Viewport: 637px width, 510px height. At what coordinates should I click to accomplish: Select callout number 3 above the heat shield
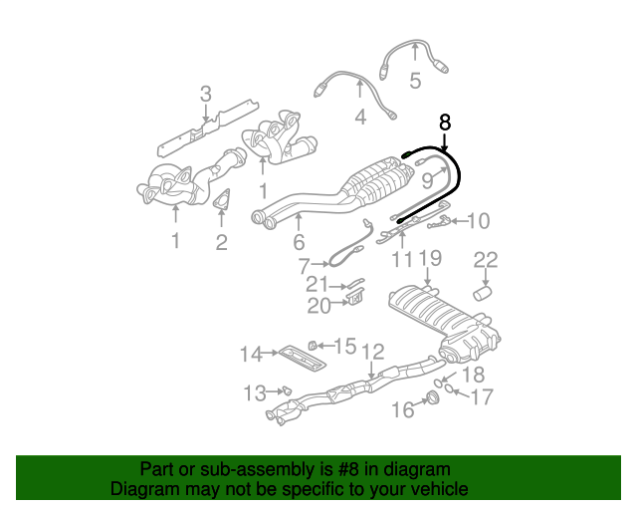[205, 96]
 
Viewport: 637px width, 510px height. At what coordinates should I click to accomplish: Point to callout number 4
[360, 119]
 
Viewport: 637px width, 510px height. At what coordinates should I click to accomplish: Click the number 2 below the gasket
[221, 241]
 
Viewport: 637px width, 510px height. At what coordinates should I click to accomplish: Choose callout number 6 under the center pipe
[298, 242]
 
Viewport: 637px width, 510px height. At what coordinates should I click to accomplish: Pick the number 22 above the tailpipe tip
[485, 261]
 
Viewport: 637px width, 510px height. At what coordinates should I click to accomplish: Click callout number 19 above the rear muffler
[429, 261]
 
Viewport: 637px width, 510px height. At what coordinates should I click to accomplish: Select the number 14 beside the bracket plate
[250, 353]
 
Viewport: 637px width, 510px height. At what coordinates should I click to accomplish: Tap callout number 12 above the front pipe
[372, 351]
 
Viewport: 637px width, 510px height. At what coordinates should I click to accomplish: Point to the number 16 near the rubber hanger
[402, 409]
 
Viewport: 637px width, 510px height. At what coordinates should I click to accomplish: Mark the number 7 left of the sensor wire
[305, 265]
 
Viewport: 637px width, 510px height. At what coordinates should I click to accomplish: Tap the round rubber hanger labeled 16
[432, 400]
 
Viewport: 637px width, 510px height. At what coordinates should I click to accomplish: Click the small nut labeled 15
[312, 345]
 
